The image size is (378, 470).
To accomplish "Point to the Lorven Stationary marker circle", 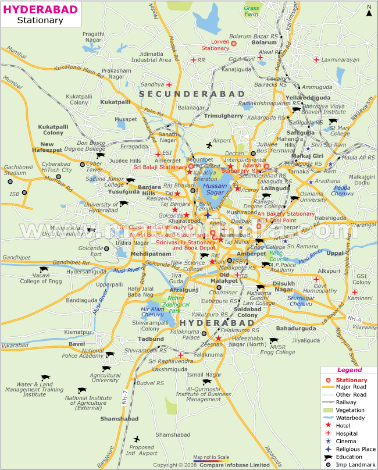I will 234,43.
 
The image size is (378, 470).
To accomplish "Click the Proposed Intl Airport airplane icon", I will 137,439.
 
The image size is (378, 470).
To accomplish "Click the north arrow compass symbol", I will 368,11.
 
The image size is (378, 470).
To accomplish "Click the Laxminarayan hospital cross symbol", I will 316,59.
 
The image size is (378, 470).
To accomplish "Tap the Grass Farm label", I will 252,11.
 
